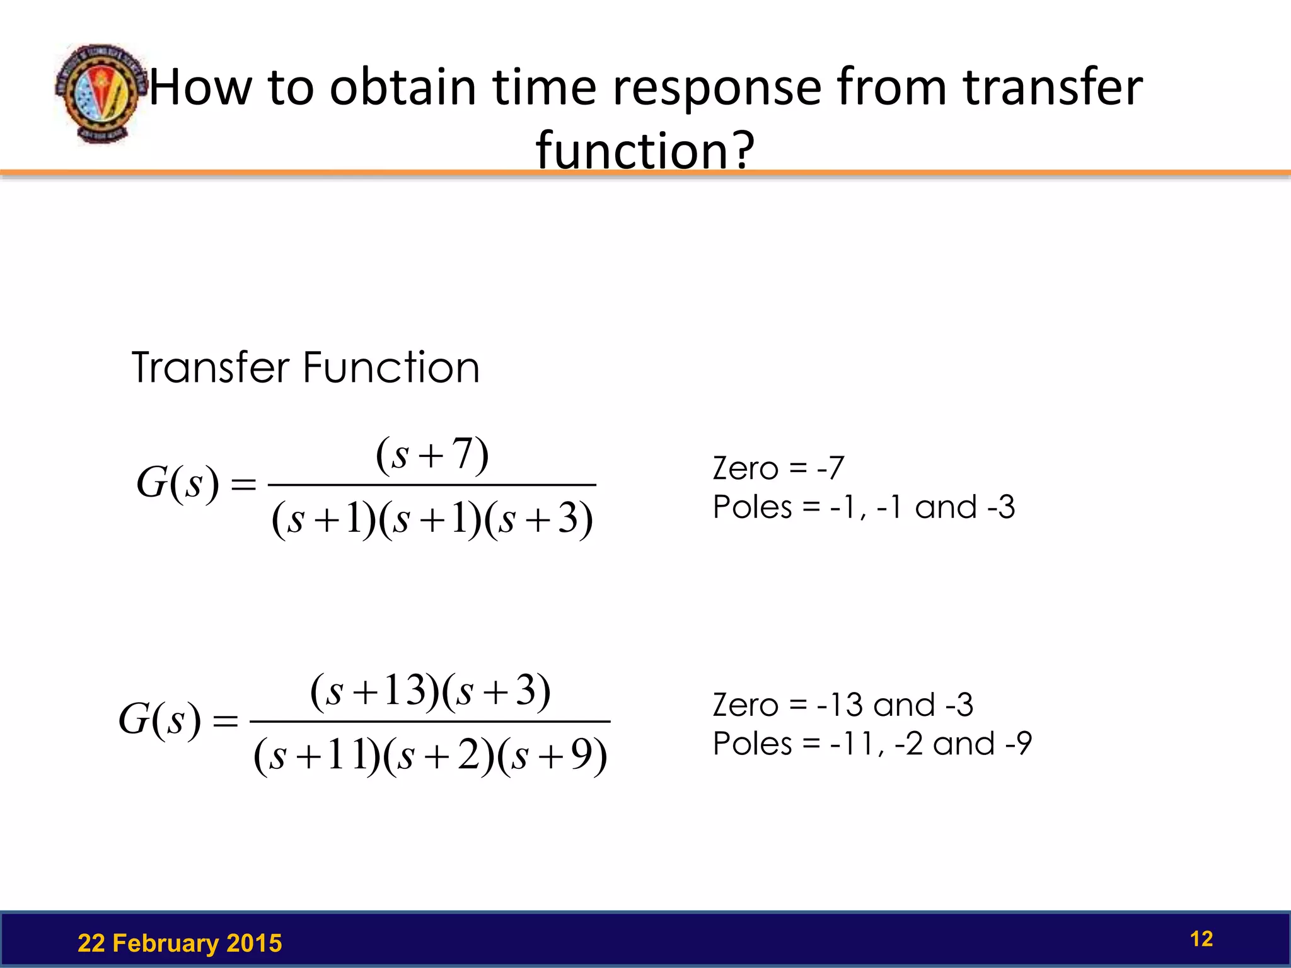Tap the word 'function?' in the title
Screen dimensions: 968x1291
click(645, 150)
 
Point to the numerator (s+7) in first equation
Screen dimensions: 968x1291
click(432, 454)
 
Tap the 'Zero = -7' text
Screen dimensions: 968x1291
click(778, 468)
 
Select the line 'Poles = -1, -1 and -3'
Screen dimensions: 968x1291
click(864, 507)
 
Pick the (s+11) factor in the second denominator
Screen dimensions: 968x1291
click(317, 755)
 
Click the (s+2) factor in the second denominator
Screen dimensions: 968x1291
click(439, 755)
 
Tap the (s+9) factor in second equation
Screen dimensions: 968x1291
click(552, 755)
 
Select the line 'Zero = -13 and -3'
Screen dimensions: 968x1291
click(842, 705)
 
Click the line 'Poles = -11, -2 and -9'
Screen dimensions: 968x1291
click(872, 744)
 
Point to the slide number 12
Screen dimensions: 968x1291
click(1201, 939)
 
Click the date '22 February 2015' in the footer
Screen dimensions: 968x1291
click(180, 943)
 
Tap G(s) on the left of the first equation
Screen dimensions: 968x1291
click(178, 483)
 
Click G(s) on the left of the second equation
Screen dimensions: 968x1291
click(160, 719)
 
